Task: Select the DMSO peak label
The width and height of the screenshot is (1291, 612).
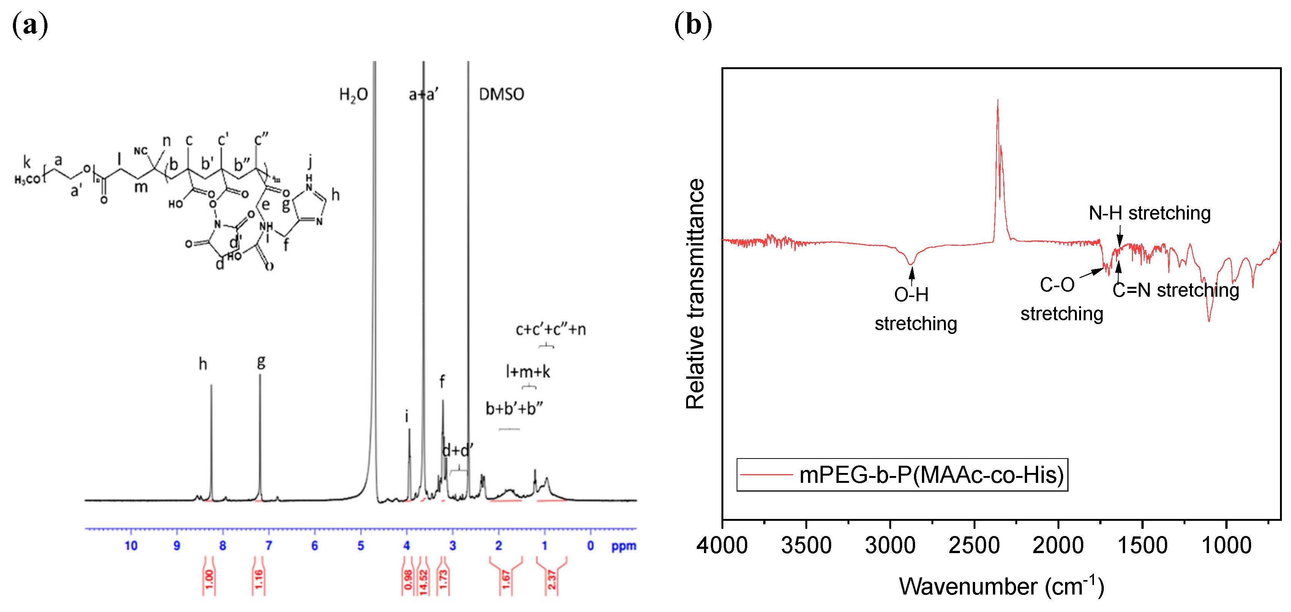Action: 501,94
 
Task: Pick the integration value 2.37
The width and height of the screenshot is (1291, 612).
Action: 551,580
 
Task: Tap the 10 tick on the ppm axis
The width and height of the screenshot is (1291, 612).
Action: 131,546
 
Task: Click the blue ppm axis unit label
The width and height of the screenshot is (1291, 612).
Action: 623,546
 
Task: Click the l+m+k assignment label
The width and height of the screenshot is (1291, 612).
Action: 527,372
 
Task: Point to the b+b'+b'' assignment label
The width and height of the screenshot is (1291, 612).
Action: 514,408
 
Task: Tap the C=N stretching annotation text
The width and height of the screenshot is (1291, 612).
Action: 1175,290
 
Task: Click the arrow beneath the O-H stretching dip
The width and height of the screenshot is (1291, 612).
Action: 912,275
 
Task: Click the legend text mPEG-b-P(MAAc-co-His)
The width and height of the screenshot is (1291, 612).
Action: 931,474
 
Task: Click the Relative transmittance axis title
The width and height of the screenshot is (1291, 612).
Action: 696,294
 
